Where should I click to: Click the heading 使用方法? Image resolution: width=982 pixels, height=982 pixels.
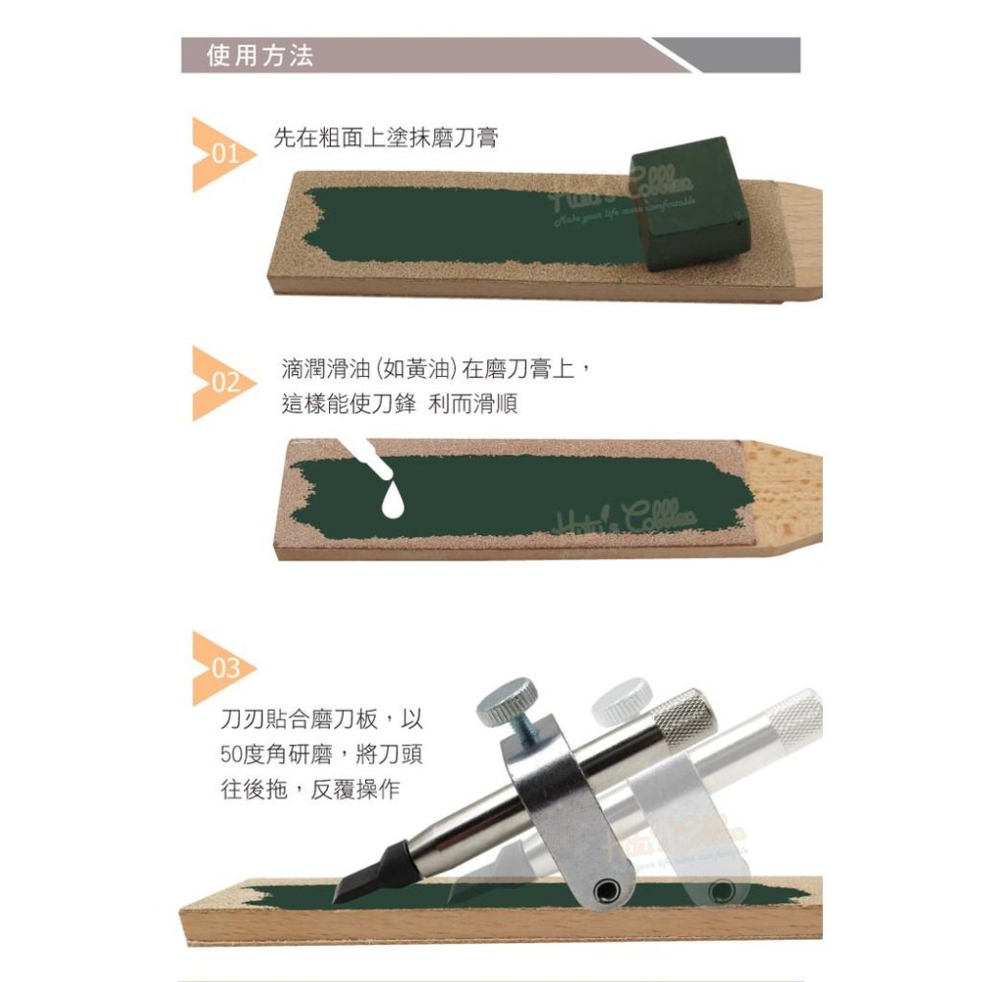point(260,56)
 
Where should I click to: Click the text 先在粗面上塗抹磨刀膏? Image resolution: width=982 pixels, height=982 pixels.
point(386,138)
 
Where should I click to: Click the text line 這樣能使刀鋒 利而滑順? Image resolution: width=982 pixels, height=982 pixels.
point(400,405)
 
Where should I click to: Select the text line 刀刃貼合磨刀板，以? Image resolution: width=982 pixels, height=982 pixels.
point(322,720)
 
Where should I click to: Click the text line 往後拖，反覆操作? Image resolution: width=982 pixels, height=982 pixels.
point(310,790)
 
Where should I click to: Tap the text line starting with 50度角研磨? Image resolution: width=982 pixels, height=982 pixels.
point(322,755)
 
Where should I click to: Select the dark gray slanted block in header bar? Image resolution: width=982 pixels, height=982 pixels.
point(736,56)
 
